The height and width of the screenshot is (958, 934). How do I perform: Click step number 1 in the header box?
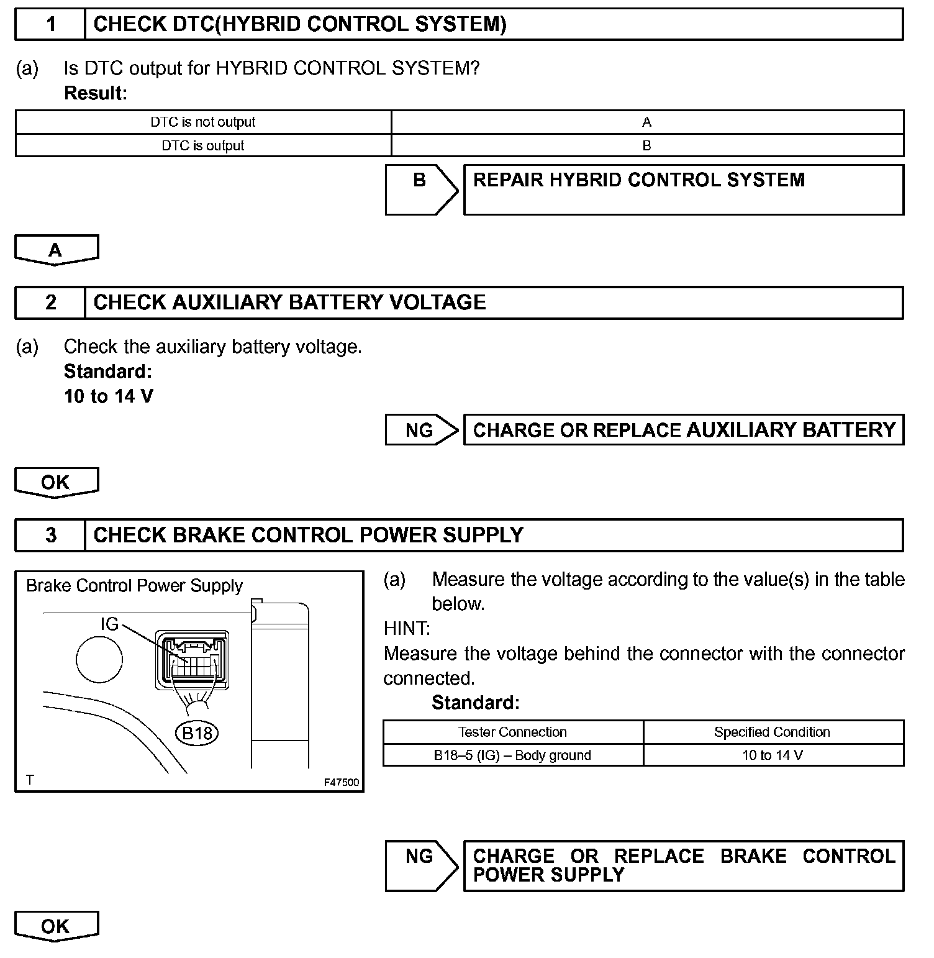[51, 24]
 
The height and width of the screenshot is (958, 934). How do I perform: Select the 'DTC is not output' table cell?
[203, 122]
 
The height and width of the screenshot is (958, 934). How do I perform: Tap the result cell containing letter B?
[646, 145]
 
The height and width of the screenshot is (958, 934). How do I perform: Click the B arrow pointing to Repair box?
[420, 189]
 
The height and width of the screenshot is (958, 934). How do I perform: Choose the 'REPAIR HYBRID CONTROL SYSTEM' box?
[683, 189]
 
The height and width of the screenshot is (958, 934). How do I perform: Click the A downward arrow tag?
[56, 250]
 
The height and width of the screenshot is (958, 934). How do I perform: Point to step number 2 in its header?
[51, 303]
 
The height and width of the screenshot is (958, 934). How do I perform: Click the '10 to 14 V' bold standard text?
[108, 396]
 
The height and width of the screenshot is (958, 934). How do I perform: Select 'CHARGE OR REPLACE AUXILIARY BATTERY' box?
[683, 430]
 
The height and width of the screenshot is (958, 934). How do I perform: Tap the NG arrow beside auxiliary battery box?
[420, 430]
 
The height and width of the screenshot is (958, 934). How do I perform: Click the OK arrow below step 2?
[56, 482]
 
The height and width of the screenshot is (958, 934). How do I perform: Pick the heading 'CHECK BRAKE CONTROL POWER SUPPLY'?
[308, 535]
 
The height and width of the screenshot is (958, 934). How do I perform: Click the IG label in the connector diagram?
[109, 624]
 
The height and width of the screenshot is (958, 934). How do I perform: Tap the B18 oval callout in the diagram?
[197, 733]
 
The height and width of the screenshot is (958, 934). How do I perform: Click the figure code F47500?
[342, 782]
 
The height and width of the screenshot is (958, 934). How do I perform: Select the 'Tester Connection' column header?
[512, 732]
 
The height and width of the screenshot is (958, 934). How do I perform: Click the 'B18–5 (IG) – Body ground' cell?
[512, 755]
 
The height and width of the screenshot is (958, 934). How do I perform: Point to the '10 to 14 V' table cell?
[773, 755]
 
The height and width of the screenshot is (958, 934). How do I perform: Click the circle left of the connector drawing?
[99, 659]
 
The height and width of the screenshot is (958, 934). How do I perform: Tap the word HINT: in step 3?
[407, 629]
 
